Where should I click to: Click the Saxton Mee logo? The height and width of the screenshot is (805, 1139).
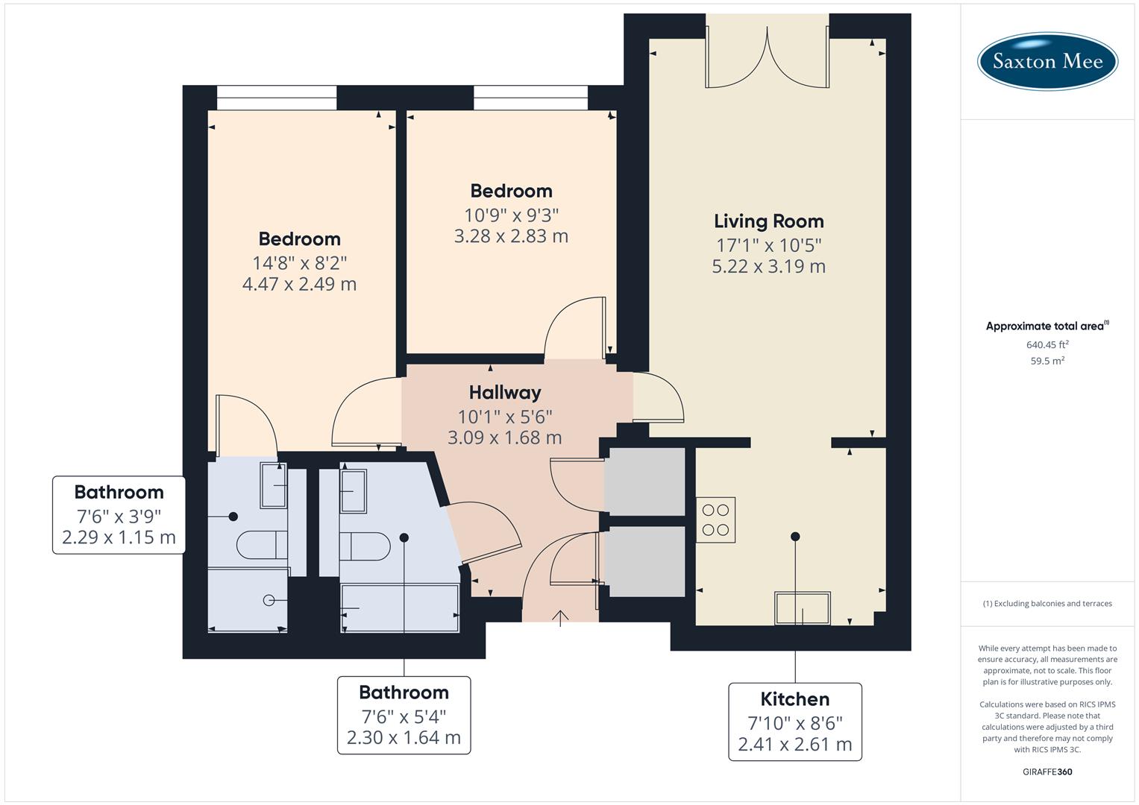(x=1047, y=61)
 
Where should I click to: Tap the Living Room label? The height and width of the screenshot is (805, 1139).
(x=768, y=221)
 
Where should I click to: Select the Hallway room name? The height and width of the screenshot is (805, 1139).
(x=505, y=392)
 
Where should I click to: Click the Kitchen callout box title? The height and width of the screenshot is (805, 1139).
(x=794, y=699)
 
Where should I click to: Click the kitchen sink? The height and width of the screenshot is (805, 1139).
(x=802, y=607)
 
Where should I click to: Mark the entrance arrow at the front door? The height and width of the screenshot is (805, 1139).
(x=560, y=617)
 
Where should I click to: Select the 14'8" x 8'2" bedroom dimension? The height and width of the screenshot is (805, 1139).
(x=299, y=262)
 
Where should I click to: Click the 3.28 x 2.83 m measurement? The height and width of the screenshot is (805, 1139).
(x=511, y=236)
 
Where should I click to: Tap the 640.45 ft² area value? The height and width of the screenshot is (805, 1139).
(x=1047, y=344)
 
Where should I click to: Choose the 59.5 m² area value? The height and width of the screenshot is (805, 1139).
(x=1047, y=361)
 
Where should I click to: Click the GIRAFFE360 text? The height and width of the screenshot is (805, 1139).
(x=1047, y=771)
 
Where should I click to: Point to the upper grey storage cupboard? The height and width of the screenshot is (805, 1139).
(x=644, y=481)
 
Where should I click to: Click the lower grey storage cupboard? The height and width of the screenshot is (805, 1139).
(x=644, y=561)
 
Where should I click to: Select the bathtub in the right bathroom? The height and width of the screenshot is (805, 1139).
(x=400, y=608)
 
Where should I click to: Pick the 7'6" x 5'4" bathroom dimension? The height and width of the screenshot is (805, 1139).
(x=404, y=716)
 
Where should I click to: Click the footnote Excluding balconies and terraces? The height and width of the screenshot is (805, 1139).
(x=1047, y=604)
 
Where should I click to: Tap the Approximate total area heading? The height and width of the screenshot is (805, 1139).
(x=1046, y=326)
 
